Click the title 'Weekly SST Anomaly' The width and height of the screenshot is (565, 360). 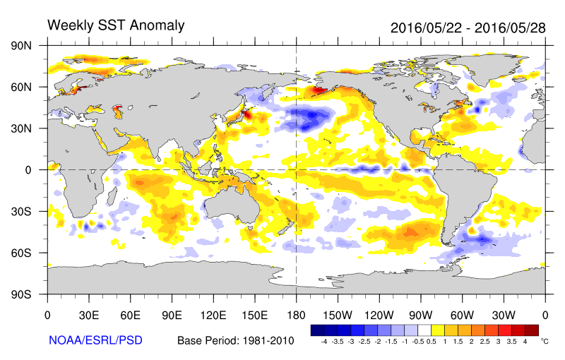116,25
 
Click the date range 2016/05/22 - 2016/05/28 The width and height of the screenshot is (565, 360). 468,28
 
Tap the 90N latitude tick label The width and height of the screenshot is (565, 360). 21,46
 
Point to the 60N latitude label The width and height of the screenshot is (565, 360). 21,87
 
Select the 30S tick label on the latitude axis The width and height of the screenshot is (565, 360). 21,211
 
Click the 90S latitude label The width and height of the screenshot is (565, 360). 21,294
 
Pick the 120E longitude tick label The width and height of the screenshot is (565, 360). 213,316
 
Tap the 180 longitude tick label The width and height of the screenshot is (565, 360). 296,316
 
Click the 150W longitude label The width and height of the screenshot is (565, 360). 338,316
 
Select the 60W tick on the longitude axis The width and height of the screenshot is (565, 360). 462,316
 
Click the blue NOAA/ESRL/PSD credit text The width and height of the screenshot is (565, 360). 95,340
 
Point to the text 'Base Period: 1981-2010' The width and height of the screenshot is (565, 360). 236,340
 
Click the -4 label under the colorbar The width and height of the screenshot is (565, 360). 323,341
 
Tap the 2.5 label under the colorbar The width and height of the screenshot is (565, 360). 484,341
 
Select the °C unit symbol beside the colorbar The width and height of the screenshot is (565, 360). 545,341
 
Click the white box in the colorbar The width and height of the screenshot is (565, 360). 424,330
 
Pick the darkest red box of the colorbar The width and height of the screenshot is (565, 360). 532,330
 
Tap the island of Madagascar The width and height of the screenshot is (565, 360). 112,193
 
